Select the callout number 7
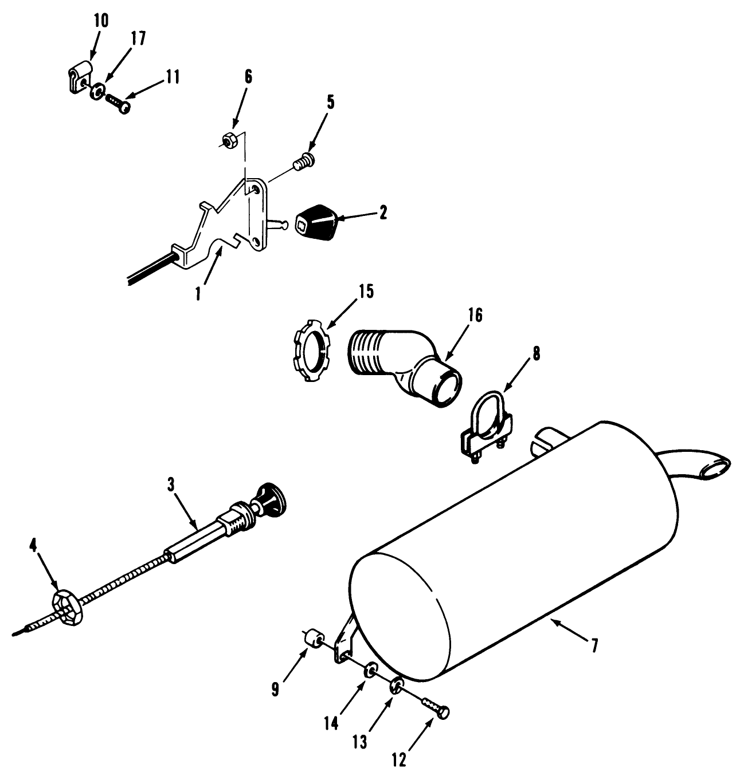coord(594,645)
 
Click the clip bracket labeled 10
coord(78,79)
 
